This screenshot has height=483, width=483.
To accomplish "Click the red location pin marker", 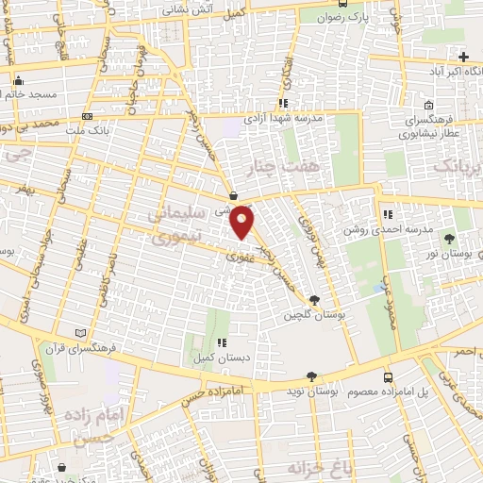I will pos(243,221).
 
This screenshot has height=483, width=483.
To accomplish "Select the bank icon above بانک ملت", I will pos(88,116).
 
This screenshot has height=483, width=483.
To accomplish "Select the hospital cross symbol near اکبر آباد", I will pos(462,57).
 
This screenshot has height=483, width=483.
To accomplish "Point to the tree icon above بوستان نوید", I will pos(311,375).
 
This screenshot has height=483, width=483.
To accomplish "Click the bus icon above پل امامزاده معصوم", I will pos(390,376).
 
